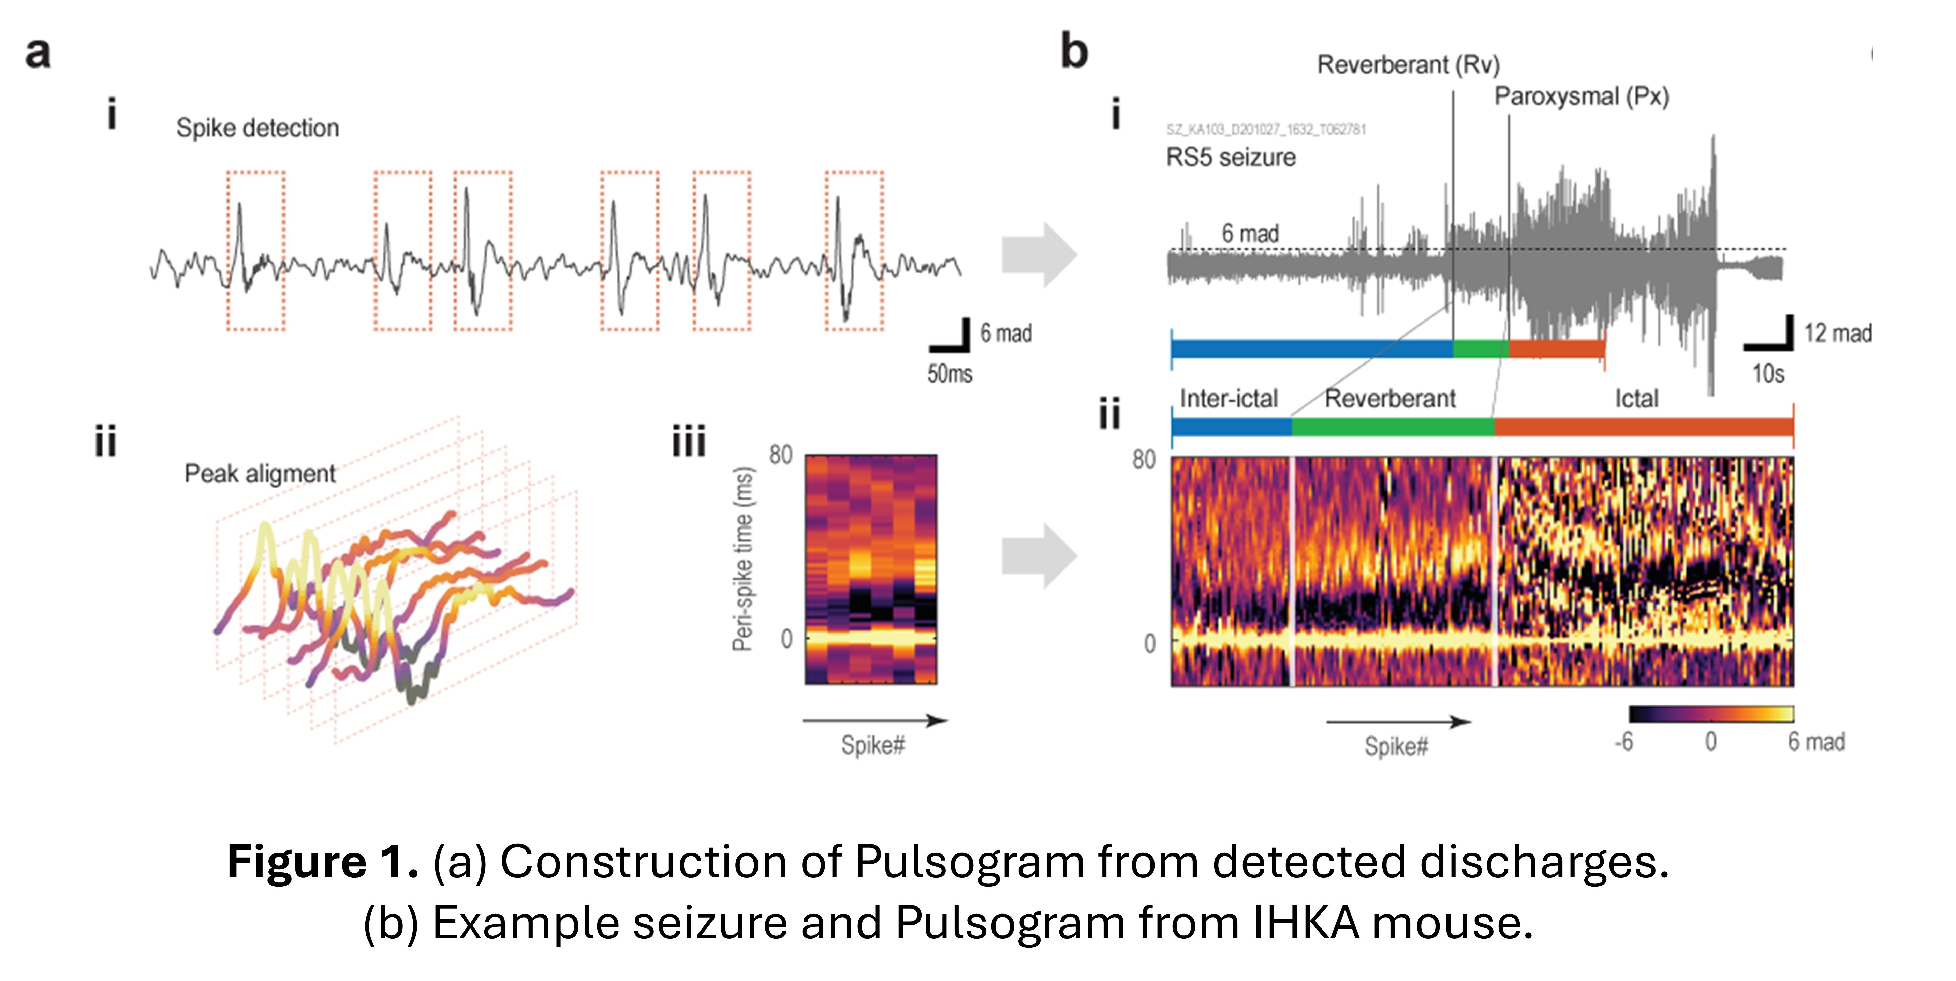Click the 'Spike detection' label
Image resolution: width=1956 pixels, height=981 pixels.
pos(258,128)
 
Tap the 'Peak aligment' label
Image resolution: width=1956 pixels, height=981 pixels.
pos(260,474)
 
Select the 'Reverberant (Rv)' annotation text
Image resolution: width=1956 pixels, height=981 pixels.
pos(1408,64)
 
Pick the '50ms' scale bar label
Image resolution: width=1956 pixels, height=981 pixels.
pos(949,374)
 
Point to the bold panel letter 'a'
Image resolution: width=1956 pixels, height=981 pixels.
pos(38,53)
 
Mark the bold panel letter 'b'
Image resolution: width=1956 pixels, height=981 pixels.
pos(1074,51)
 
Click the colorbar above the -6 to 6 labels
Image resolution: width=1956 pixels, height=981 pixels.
pos(1711,714)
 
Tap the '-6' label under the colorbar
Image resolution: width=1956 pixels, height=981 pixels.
pos(1623,742)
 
